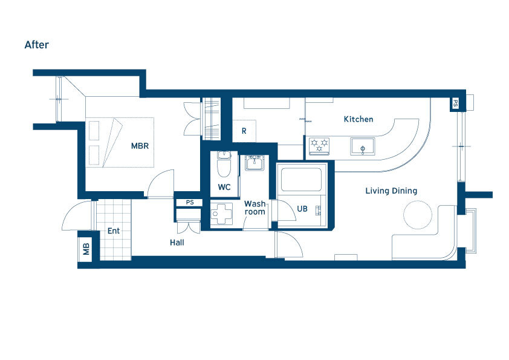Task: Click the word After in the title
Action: pos(37,45)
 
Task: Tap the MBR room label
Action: pos(140,146)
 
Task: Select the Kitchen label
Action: pos(358,119)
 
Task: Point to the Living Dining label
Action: pos(391,191)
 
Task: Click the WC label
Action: pos(224,187)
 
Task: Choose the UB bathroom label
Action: pos(302,209)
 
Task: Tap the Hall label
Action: pos(177,243)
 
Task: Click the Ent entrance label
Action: pos(114,231)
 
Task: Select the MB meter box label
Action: pos(86,249)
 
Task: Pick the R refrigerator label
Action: pos(244,131)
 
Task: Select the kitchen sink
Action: pos(363,146)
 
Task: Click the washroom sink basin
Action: pos(255,163)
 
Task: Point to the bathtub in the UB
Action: pos(301,179)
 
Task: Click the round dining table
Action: pos(418,215)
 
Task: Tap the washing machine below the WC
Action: pos(222,214)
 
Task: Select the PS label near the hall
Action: pos(190,203)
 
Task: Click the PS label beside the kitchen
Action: pos(455,103)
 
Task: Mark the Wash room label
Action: pos(255,208)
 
